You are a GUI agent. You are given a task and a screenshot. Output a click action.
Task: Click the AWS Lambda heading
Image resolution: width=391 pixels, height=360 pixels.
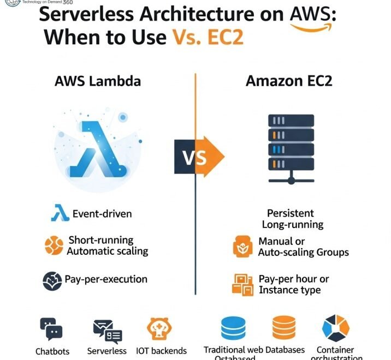[98, 81]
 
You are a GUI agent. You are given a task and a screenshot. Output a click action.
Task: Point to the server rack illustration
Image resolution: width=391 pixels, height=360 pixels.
[291, 147]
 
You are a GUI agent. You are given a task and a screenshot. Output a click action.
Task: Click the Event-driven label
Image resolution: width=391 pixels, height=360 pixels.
[102, 214]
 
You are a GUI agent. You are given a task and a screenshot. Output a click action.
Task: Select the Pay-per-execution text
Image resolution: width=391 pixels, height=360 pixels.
[106, 279]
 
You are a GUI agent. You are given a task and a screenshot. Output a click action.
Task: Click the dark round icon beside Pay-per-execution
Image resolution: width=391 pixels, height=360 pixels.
[52, 280]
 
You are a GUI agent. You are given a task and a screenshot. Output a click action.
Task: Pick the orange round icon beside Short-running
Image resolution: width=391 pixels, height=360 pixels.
[54, 245]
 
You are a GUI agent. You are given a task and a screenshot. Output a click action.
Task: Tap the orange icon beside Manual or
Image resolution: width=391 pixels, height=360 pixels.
[242, 247]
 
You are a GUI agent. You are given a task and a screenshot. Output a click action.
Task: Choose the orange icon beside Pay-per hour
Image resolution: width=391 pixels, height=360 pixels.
[242, 284]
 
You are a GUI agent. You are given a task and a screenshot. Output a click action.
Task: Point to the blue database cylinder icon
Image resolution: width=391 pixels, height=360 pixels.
[234, 328]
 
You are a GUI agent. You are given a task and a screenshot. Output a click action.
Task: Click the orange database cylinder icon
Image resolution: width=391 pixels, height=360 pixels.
[284, 328]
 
